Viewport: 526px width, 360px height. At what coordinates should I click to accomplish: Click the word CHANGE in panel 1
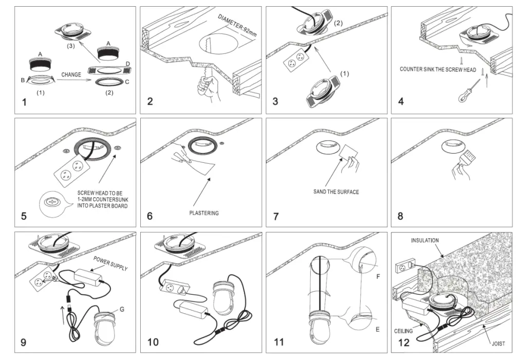tap(71, 75)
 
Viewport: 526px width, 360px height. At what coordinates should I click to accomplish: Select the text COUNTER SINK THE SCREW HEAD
tap(438, 70)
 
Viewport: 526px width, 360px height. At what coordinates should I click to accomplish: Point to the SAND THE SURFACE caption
tap(336, 192)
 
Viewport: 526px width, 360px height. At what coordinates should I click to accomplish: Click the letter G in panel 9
tap(122, 309)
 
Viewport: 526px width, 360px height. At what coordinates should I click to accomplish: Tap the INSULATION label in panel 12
tap(425, 240)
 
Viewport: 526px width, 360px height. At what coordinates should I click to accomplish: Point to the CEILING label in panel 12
tap(404, 331)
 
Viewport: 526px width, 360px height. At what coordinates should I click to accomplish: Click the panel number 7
tap(276, 216)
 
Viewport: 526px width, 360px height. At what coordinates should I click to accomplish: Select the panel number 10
tap(153, 342)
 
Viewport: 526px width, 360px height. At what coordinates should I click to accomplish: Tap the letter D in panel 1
tap(127, 63)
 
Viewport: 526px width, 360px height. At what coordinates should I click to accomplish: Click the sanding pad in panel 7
tap(351, 153)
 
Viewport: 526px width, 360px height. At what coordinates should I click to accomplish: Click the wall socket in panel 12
tap(404, 268)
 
